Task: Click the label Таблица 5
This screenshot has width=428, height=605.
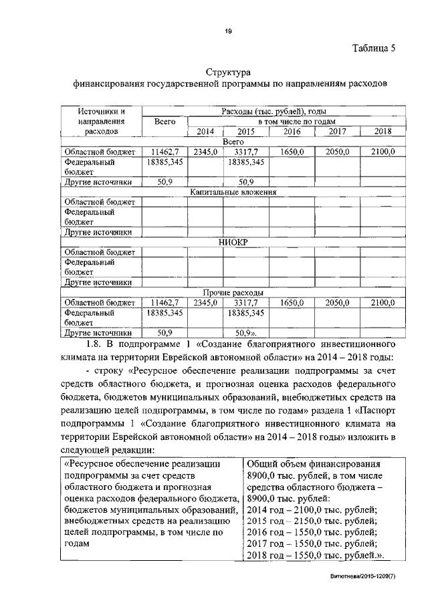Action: (375, 47)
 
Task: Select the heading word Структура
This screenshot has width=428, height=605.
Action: (228, 72)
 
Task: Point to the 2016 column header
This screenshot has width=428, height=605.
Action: (292, 132)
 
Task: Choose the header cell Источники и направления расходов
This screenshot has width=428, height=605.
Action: (100, 122)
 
